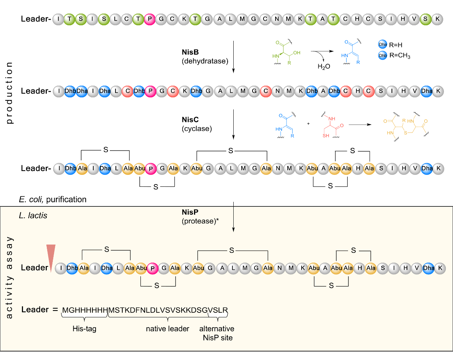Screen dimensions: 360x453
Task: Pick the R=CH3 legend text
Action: tap(399, 55)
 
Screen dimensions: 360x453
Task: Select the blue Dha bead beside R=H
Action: tap(382, 45)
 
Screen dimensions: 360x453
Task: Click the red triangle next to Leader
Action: tap(51, 257)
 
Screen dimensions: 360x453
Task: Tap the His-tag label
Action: tap(85, 329)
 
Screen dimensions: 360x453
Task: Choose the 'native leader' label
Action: tap(168, 329)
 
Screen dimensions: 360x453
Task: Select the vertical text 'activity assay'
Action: tap(10, 278)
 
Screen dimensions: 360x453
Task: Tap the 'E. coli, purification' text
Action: tap(52, 199)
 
